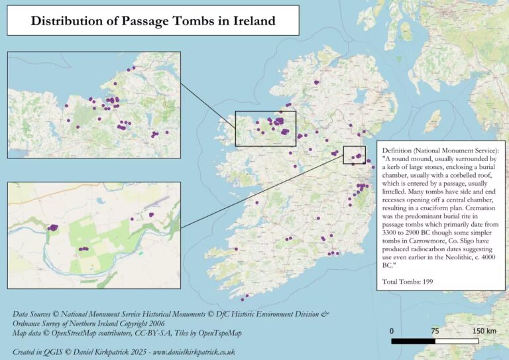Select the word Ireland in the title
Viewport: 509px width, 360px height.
click(254, 21)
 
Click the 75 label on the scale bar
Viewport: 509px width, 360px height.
click(435, 331)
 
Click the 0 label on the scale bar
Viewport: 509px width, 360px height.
click(392, 331)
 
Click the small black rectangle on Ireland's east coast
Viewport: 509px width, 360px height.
click(354, 154)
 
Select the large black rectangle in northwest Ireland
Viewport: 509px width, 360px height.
click(266, 128)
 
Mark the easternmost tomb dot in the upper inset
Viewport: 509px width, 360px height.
click(167, 132)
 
